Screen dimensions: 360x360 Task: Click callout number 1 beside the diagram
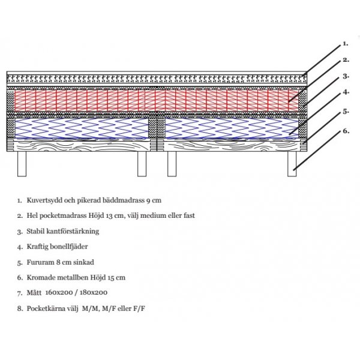[345, 44]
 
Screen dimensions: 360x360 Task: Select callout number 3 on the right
[346, 77]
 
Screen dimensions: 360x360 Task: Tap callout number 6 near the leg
[346, 130]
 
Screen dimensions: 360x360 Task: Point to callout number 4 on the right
[346, 93]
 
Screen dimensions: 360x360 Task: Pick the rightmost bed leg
[292, 164]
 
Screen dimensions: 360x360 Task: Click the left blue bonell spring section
[81, 127]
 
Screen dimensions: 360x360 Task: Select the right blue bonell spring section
[232, 127]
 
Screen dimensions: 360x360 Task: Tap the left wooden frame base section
[81, 145]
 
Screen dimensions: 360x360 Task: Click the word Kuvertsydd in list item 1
[41, 199]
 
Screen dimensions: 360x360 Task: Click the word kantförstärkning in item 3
[74, 230]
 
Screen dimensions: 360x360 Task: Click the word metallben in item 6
[70, 278]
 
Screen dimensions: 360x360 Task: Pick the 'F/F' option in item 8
[140, 309]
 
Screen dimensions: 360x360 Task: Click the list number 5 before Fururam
[20, 262]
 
